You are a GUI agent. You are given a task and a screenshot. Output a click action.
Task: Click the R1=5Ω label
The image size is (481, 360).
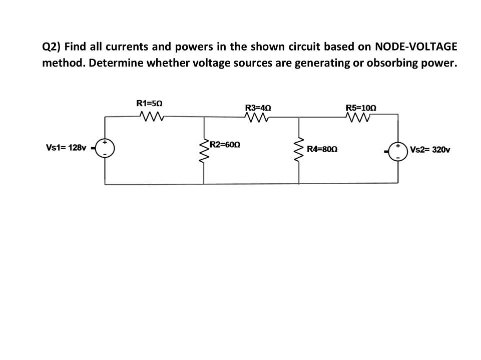[x=149, y=103]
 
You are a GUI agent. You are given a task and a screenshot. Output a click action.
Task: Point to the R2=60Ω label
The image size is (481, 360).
[x=225, y=145]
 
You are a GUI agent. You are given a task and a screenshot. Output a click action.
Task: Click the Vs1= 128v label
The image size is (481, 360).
[x=66, y=148]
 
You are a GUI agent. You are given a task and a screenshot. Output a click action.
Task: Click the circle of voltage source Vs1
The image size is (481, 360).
[x=106, y=148]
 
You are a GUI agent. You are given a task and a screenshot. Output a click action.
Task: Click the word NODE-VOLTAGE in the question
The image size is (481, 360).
[x=416, y=47]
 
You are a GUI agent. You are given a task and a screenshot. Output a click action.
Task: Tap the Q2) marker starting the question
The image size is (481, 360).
[x=51, y=48]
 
